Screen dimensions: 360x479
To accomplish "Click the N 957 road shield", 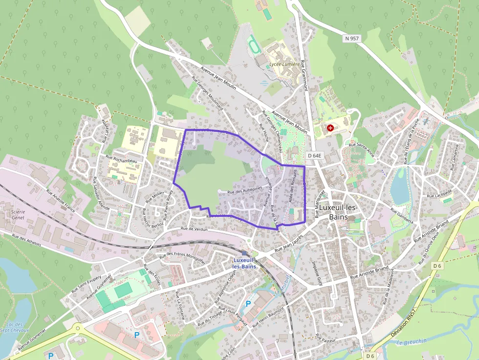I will coord(351,39).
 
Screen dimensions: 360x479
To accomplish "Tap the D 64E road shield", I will coord(315,155).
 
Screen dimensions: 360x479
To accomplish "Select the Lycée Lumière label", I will coord(284,64).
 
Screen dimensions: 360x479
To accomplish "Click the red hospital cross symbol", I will coord(331,128).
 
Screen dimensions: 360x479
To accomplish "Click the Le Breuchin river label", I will coord(412,341).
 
